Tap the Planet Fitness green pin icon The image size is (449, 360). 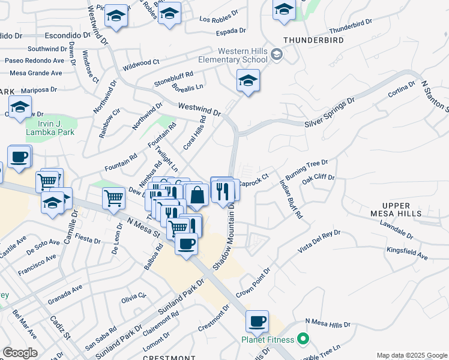303,340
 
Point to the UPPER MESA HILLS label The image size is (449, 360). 404,210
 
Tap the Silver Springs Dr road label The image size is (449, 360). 327,114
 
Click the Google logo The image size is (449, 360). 20,353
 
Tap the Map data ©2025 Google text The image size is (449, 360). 411,355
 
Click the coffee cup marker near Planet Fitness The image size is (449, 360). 257,321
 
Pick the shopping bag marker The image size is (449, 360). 197,194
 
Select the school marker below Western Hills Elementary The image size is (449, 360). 248,81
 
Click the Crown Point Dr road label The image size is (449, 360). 253,283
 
